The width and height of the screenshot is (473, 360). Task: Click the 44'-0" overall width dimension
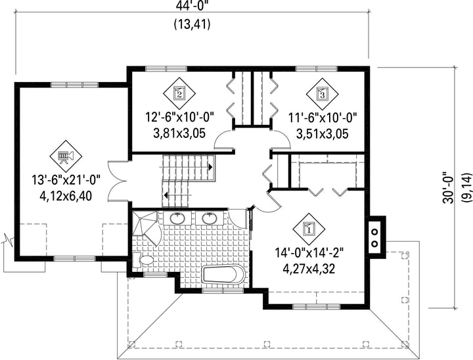(x=192, y=5)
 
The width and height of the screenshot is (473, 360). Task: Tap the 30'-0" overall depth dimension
(x=449, y=188)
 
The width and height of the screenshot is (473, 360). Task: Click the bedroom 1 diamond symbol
(x=309, y=229)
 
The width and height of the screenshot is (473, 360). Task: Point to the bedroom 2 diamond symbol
(x=179, y=94)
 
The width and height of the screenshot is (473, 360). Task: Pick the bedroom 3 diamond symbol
(x=322, y=94)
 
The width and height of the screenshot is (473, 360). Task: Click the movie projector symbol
(x=66, y=156)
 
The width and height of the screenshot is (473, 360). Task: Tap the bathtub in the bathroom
(x=223, y=275)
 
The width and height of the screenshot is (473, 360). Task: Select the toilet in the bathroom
(x=143, y=260)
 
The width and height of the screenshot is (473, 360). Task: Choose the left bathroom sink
(x=177, y=218)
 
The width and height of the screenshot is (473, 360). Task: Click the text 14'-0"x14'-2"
(x=309, y=252)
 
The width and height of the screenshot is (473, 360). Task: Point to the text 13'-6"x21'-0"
(x=66, y=181)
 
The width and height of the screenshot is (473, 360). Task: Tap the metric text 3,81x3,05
(x=179, y=133)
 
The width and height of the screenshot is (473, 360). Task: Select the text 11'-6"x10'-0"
(x=323, y=117)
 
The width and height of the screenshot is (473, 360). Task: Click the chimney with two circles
(x=376, y=236)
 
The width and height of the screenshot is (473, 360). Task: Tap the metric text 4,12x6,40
(x=66, y=196)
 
